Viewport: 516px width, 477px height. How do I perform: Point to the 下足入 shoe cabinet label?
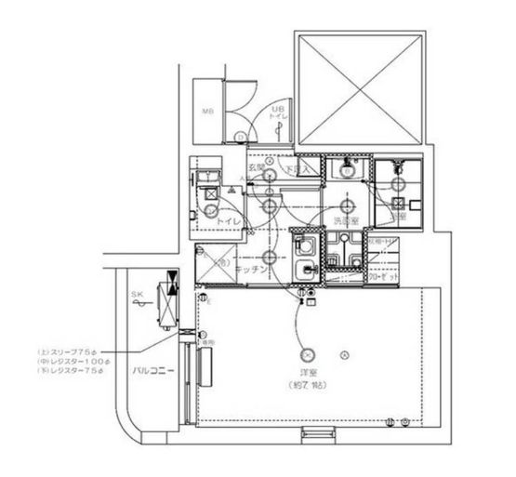pyautogui.click(x=298, y=171)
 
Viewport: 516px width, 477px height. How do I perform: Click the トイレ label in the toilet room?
pyautogui.click(x=229, y=221)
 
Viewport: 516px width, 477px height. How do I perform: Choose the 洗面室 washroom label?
pyautogui.click(x=346, y=220)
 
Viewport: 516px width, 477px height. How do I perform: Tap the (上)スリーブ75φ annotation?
pyautogui.click(x=77, y=351)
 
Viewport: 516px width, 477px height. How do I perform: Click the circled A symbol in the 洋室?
pyautogui.click(x=344, y=354)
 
